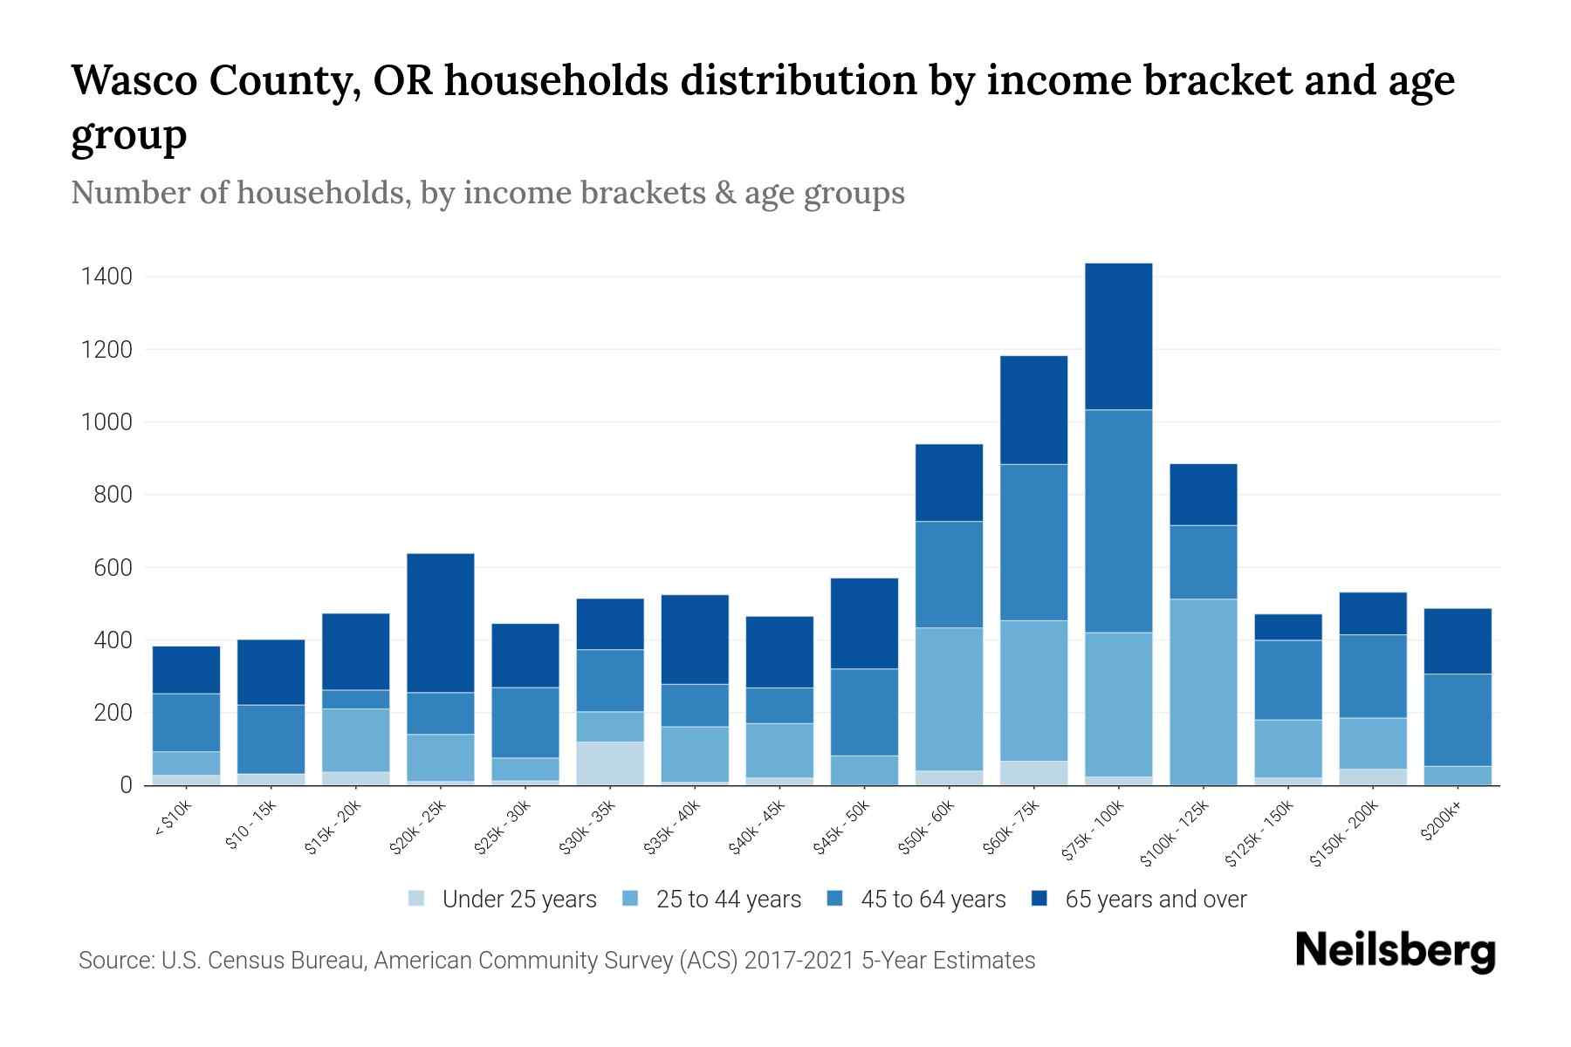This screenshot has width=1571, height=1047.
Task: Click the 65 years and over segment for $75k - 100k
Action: (1118, 337)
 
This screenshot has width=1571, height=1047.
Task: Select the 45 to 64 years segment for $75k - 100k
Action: (1118, 521)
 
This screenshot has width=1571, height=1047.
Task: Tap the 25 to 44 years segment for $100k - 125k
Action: (1203, 692)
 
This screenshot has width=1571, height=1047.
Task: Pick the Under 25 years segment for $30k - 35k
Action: (610, 763)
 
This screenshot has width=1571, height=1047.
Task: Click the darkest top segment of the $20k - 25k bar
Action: (441, 623)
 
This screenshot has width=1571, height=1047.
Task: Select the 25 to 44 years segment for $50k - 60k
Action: (949, 699)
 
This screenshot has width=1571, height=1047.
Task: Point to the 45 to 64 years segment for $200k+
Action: (1458, 720)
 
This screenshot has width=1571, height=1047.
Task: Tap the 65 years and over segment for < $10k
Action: (186, 670)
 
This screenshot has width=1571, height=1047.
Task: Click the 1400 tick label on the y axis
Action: (106, 277)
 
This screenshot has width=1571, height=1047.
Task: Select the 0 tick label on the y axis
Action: (126, 786)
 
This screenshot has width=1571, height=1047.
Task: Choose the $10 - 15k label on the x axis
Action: (251, 825)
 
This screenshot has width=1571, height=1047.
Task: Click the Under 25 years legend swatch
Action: (417, 899)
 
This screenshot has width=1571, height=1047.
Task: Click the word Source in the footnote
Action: (114, 961)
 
